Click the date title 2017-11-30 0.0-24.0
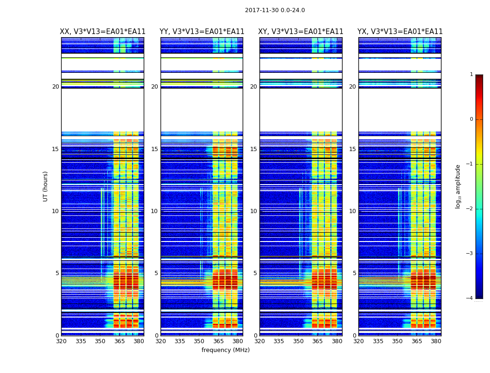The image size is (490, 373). [x=275, y=10]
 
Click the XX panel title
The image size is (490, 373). [x=103, y=32]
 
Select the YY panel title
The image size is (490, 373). [x=202, y=32]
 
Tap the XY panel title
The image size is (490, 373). [x=301, y=32]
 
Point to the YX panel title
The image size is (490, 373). [x=400, y=32]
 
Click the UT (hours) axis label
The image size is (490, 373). [x=46, y=186]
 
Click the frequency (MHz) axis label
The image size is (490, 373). [x=225, y=350]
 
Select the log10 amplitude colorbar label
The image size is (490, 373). [x=458, y=186]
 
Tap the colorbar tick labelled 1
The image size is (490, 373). [x=471, y=75]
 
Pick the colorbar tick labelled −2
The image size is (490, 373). [x=469, y=209]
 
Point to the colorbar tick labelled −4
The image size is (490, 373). [x=469, y=298]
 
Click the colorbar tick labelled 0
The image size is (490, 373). [x=471, y=119]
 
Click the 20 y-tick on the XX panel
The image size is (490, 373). [x=56, y=87]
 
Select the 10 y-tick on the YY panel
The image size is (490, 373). [x=154, y=211]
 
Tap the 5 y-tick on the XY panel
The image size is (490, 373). [x=255, y=273]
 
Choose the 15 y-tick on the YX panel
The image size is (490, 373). [x=352, y=149]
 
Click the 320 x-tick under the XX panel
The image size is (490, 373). [x=61, y=341]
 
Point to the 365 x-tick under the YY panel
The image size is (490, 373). [x=218, y=341]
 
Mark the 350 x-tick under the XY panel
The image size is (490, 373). [x=298, y=341]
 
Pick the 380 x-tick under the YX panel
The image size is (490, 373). [x=436, y=341]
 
